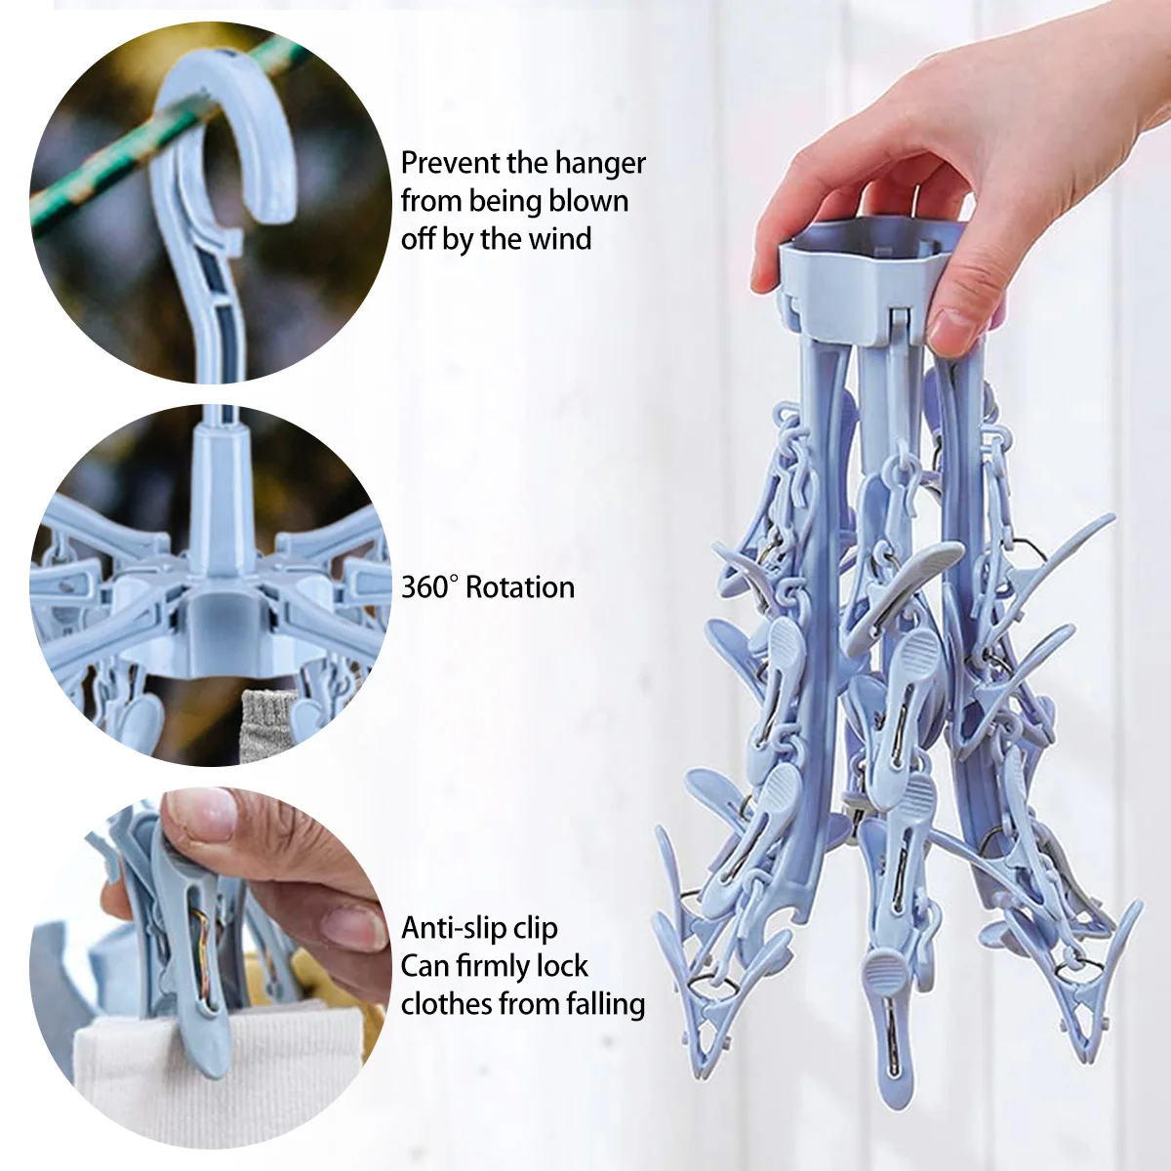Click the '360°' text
[x=429, y=587]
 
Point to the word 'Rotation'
[x=520, y=587]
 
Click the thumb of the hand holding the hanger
[x=961, y=312]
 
